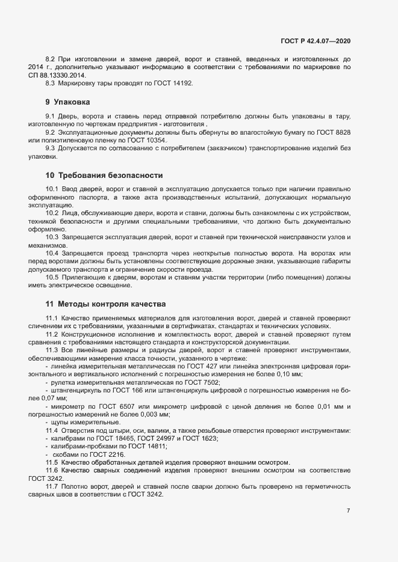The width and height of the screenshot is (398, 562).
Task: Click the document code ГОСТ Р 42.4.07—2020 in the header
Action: coord(315,41)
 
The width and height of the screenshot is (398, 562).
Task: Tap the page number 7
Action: coord(348,511)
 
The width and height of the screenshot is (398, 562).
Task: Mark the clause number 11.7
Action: coord(52,486)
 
